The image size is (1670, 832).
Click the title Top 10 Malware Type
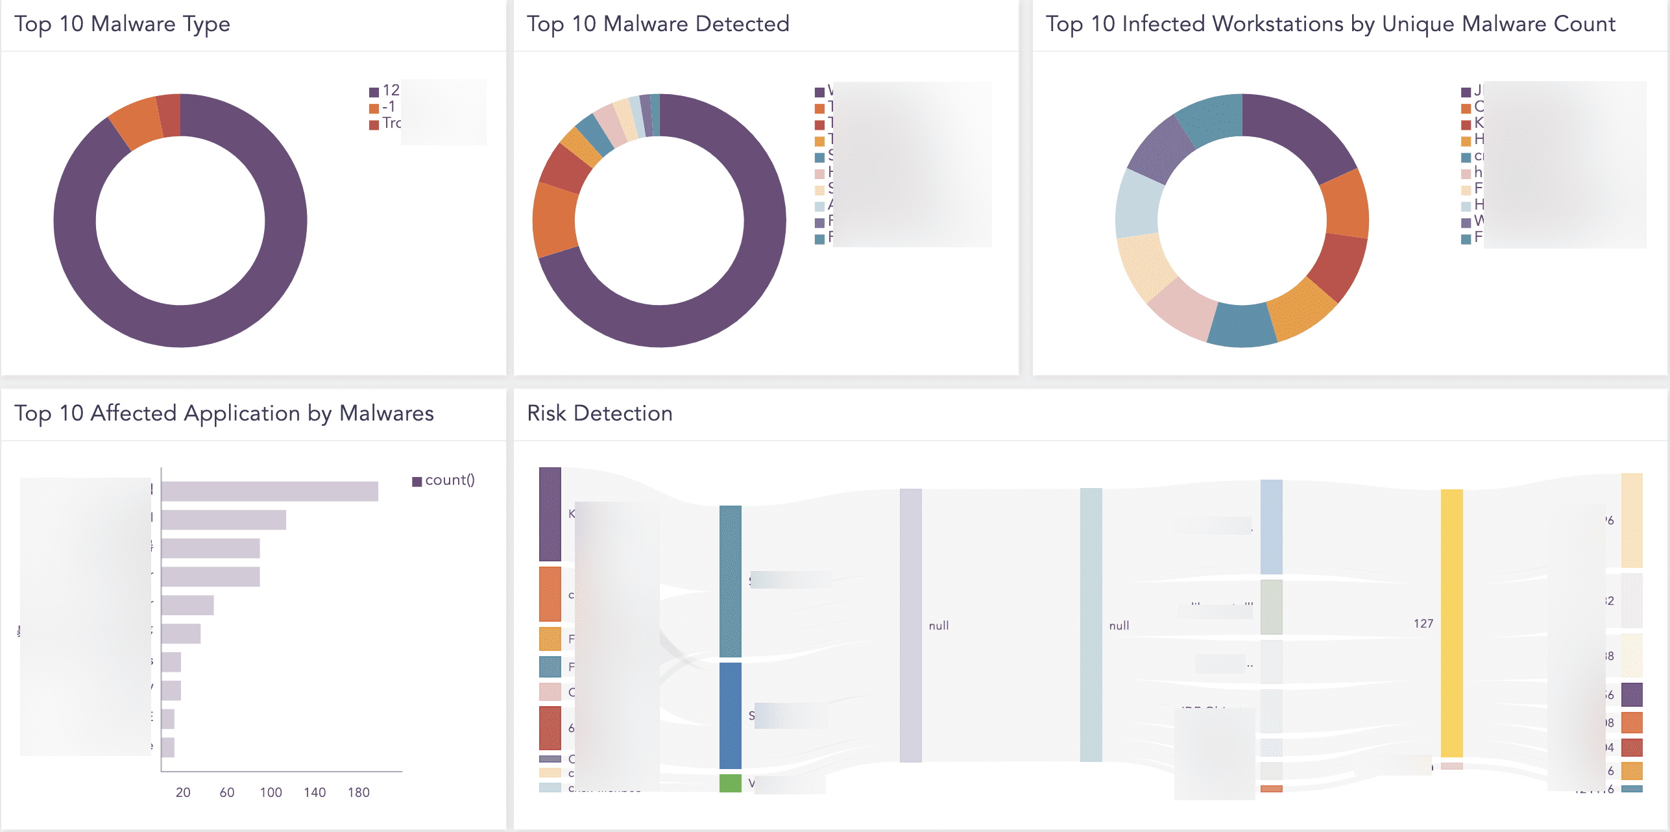tap(122, 24)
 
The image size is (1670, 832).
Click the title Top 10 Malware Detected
tap(658, 24)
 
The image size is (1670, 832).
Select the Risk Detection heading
tap(599, 413)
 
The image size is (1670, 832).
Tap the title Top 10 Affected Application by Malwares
tap(224, 413)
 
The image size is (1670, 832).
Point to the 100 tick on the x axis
tap(271, 792)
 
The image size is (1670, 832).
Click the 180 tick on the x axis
tap(359, 792)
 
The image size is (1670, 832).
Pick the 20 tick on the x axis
tap(183, 792)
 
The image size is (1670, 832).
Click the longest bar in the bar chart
tap(269, 491)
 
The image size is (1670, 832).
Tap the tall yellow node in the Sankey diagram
tap(1451, 623)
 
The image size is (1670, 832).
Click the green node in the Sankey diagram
tap(730, 783)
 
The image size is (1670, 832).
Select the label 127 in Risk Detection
tap(1423, 624)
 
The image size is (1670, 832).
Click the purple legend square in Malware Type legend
tap(374, 92)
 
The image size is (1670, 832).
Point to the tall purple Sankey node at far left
tap(550, 514)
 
